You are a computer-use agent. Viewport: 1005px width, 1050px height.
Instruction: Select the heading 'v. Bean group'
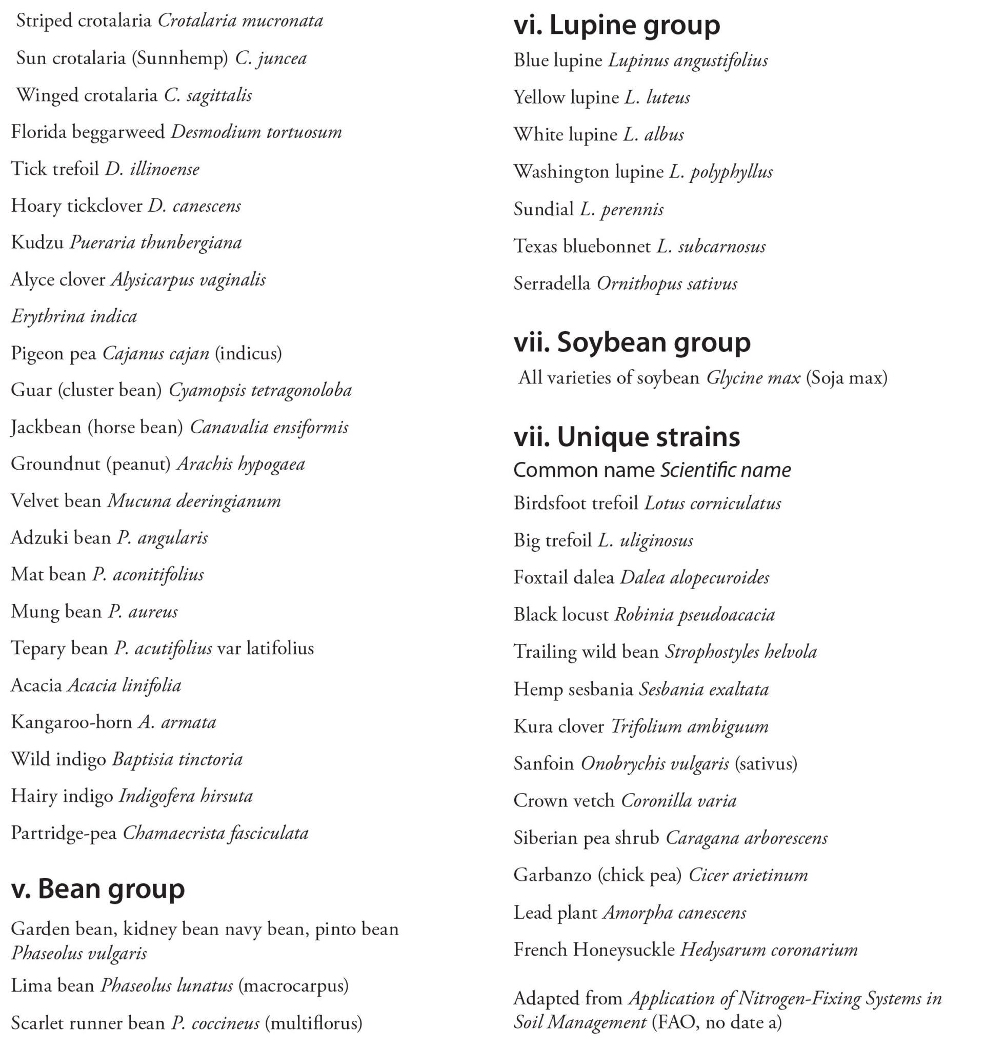click(x=98, y=889)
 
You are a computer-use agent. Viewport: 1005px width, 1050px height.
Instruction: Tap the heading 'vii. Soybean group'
click(x=632, y=342)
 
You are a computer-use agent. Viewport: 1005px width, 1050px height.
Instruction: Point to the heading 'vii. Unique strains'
click(x=627, y=437)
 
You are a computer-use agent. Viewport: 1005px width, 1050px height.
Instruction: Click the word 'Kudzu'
click(x=37, y=243)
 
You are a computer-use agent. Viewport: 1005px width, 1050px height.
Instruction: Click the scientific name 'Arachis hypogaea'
click(x=240, y=464)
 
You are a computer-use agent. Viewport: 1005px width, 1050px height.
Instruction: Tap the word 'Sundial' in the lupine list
click(x=543, y=209)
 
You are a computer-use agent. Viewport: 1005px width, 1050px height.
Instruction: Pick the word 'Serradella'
click(x=552, y=284)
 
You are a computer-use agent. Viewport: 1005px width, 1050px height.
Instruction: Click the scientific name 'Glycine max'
click(x=753, y=378)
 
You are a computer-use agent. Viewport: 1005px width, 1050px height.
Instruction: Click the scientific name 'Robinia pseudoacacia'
click(x=694, y=614)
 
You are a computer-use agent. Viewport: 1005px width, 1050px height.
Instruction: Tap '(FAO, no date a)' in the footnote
click(x=717, y=1022)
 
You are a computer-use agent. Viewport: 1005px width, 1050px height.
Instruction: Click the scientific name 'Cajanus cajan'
click(x=155, y=354)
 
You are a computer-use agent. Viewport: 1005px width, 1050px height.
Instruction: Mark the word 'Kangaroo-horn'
click(x=71, y=722)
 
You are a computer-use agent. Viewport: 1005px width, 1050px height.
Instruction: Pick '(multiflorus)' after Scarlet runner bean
click(x=313, y=1023)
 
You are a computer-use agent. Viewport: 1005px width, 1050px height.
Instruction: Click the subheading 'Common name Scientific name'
click(x=652, y=470)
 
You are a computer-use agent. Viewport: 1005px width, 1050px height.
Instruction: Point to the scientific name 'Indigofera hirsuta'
click(x=185, y=796)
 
